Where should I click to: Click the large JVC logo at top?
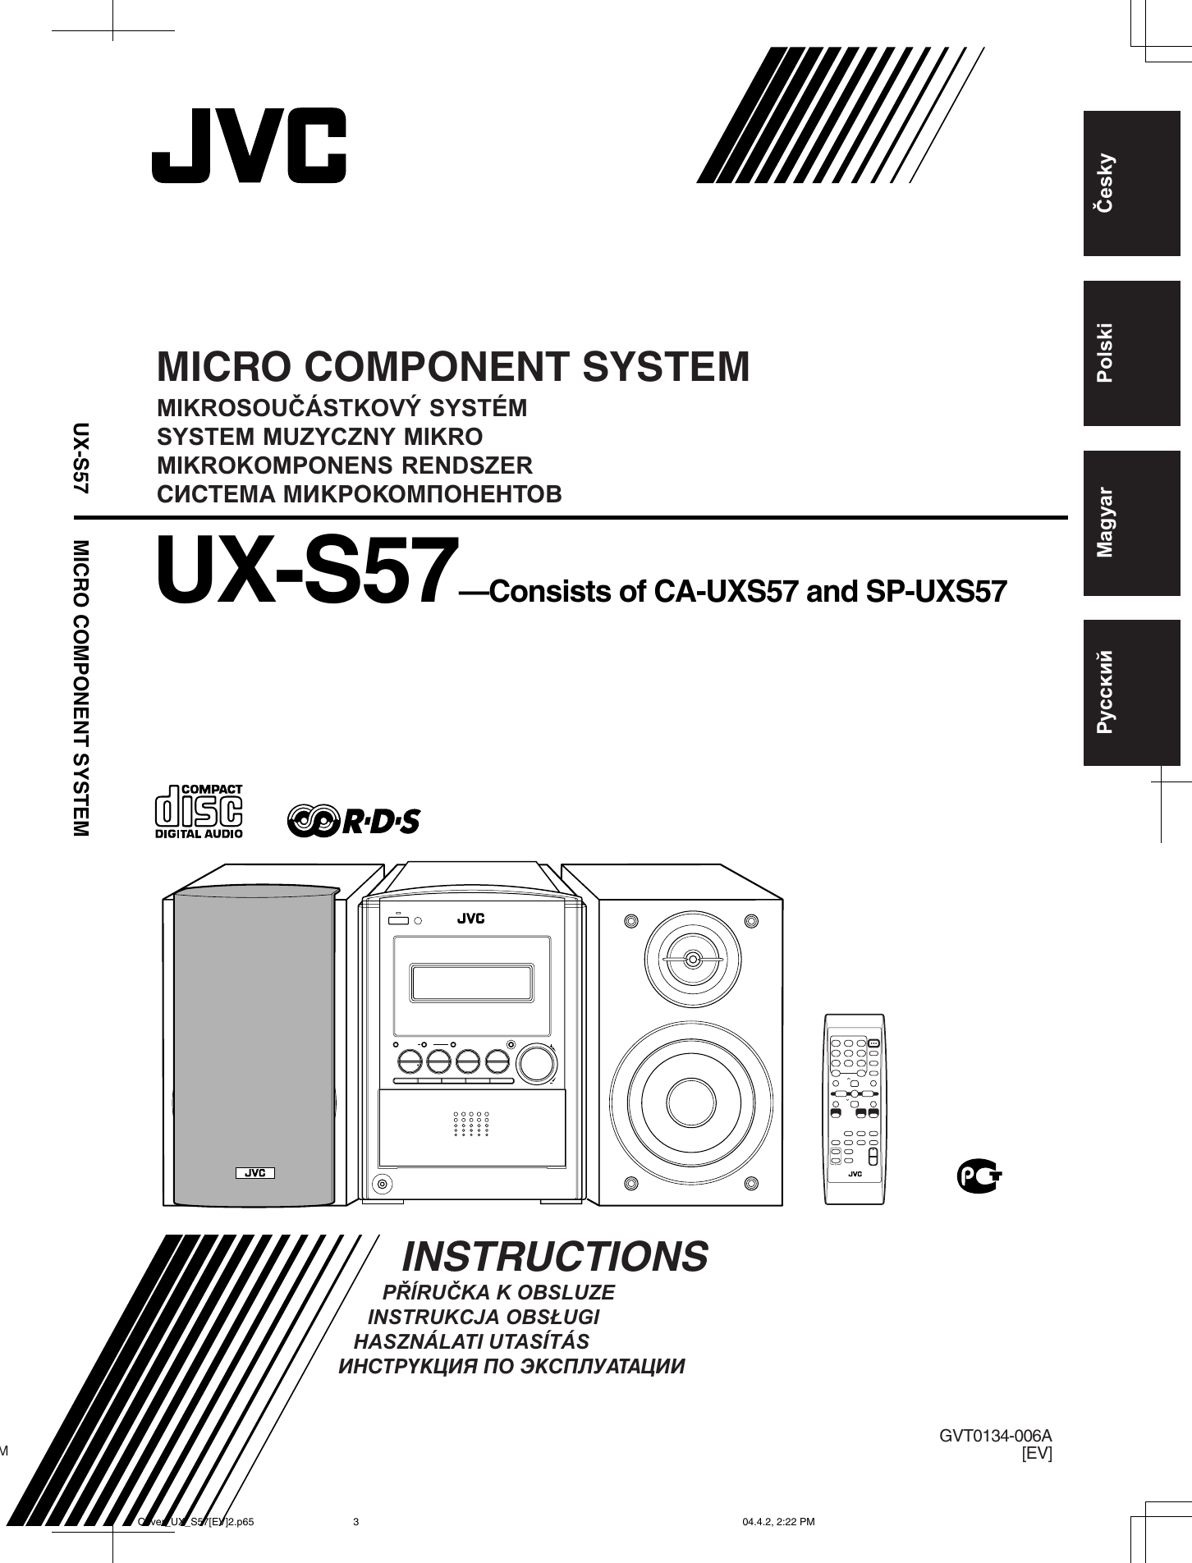click(249, 145)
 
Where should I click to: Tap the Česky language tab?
click(1130, 183)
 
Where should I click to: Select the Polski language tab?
click(1130, 353)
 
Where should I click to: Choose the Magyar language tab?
click(1130, 523)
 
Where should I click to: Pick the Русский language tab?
click(1130, 693)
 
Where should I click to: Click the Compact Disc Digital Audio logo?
click(199, 812)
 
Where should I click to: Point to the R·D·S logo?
click(354, 820)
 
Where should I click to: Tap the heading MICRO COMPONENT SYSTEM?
click(453, 367)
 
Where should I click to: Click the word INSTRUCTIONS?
click(555, 1256)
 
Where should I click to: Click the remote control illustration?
click(854, 1109)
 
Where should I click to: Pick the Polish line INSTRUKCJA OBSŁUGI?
click(484, 1318)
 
